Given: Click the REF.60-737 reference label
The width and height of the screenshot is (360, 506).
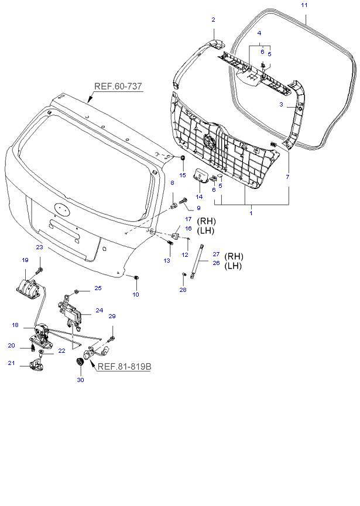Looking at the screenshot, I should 118,86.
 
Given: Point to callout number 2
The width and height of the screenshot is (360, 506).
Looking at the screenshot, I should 213,20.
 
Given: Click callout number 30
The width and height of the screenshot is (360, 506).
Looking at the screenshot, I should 80,380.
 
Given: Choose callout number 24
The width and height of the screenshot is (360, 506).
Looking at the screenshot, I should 99,311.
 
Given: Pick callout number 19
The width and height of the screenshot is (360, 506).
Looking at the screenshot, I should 25,260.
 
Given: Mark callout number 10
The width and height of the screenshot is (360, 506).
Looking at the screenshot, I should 135,294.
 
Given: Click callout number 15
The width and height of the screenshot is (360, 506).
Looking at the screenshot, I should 182,175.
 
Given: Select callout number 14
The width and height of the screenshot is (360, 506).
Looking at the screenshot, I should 199,197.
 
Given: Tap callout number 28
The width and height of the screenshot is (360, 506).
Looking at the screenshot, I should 183,290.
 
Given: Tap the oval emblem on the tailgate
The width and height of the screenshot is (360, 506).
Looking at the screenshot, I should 61,208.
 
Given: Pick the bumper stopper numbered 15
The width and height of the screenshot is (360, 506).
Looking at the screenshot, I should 182,159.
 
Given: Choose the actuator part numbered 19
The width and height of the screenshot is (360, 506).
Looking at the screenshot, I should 27,288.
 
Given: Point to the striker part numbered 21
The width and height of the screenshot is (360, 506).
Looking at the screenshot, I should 36,365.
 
